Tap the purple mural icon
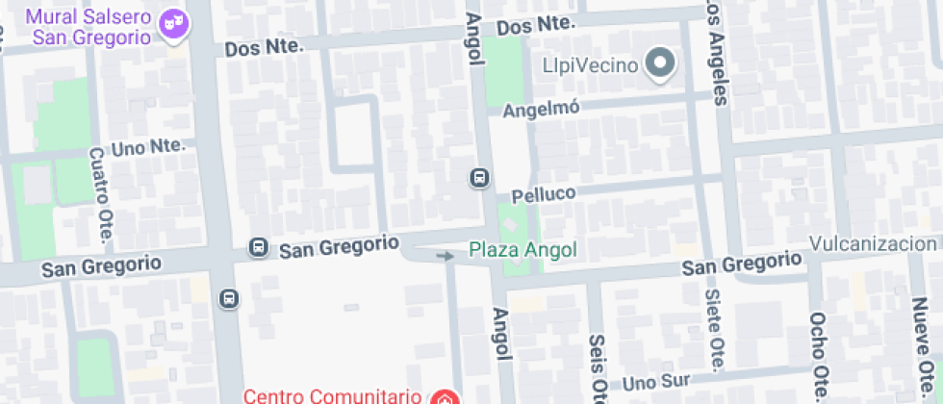(x=173, y=28)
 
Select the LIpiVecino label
(x=590, y=66)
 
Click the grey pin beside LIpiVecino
(x=660, y=64)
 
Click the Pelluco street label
(x=544, y=193)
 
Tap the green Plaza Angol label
(x=522, y=250)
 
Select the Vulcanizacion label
(x=873, y=243)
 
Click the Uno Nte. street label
(x=147, y=148)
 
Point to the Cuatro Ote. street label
(x=100, y=195)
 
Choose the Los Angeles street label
(x=717, y=53)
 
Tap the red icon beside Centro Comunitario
(x=444, y=396)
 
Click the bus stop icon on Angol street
(x=478, y=178)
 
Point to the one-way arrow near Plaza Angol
(x=445, y=256)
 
